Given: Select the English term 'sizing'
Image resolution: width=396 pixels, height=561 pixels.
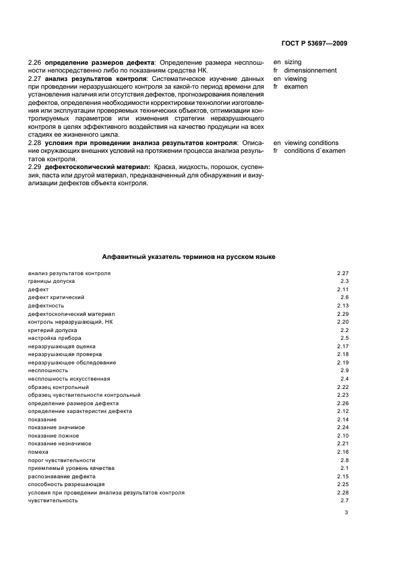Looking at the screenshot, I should coord(292,62).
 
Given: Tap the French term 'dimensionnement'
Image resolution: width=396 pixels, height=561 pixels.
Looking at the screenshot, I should coord(310,70).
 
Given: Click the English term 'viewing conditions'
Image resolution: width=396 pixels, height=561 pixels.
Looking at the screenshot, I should coord(311,143).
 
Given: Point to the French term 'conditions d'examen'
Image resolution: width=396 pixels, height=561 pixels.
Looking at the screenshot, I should coord(315,151).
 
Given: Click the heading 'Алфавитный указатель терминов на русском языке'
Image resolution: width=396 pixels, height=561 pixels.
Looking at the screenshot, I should coord(189,256).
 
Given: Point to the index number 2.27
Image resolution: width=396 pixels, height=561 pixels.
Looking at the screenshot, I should coord(343,273).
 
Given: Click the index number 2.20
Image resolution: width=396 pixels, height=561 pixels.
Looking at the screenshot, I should coord(343,322).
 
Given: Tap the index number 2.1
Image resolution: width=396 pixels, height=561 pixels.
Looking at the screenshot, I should coord(344,468).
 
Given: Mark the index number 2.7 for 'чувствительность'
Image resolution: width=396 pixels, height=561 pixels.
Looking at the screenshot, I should coord(344,500).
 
